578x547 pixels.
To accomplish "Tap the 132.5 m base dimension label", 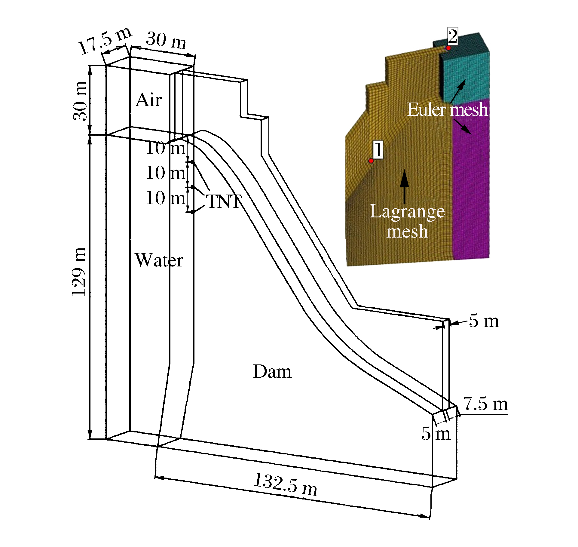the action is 286,484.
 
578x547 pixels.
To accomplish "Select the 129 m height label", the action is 79,272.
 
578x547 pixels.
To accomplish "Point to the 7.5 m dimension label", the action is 485,404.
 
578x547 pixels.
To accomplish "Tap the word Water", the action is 159,260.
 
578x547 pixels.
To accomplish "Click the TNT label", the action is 224,201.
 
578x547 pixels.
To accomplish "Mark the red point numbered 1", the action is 371,161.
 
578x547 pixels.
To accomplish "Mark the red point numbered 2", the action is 448,48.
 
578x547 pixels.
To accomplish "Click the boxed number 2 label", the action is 453,36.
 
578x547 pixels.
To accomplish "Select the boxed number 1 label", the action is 378,149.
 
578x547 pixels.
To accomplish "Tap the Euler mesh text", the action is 448,109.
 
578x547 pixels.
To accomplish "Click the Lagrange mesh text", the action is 407,221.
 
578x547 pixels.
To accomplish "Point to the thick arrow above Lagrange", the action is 405,187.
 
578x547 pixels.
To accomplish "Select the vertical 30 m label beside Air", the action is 80,101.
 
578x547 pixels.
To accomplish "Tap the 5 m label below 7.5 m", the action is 436,433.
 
